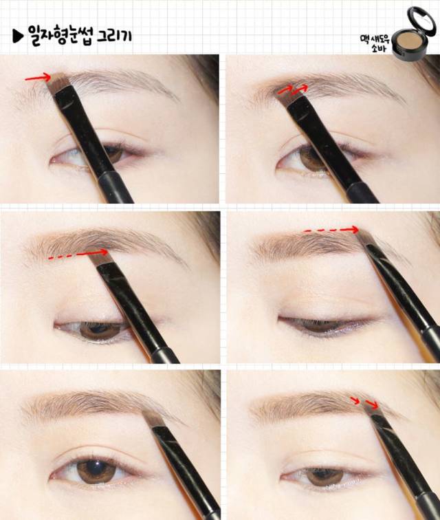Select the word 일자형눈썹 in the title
pos(58,32)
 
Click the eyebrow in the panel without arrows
pos(96,406)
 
